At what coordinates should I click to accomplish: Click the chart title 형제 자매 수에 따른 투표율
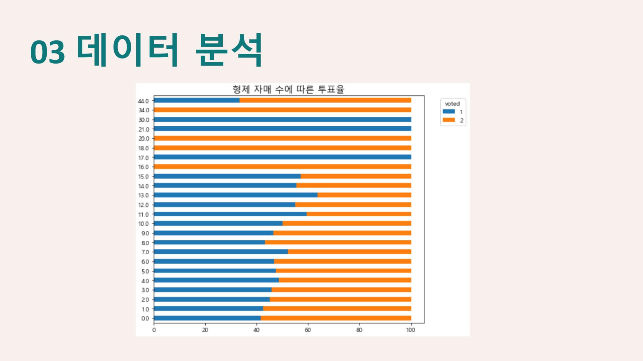click(x=288, y=89)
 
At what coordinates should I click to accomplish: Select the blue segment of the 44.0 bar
click(x=197, y=100)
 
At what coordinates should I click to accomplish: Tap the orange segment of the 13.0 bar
click(x=364, y=195)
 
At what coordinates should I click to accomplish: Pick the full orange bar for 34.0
click(x=282, y=110)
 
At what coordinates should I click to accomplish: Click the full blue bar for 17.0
click(x=282, y=157)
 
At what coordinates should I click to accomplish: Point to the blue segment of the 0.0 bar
click(x=207, y=318)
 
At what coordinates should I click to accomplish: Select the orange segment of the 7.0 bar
click(x=349, y=252)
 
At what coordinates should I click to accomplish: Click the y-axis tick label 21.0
click(x=144, y=129)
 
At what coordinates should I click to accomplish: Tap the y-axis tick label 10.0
click(x=144, y=224)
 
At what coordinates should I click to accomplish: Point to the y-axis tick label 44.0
click(x=144, y=101)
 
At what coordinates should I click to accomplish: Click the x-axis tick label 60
click(x=308, y=330)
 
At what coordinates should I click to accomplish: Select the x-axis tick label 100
click(x=411, y=330)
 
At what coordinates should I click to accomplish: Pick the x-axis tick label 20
click(x=205, y=330)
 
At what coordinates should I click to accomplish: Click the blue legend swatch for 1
click(x=449, y=112)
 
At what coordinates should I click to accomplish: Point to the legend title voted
click(x=452, y=104)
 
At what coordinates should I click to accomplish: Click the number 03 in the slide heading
click(x=47, y=53)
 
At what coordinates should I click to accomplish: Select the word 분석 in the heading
click(x=229, y=50)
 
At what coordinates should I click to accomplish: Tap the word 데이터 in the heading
click(x=127, y=50)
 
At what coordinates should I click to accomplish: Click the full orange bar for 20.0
click(x=282, y=138)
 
